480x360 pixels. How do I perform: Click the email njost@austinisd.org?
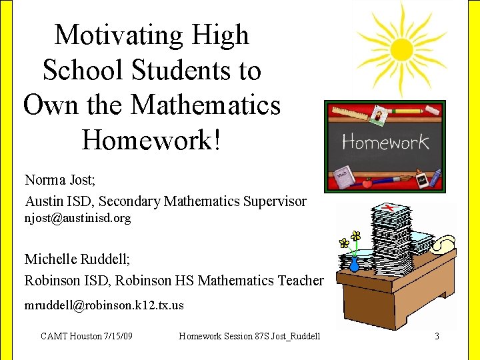(x=77, y=218)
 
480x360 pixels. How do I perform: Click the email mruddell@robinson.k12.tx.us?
(x=104, y=305)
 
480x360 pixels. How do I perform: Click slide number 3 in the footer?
(x=437, y=336)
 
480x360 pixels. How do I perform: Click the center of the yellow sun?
(x=401, y=48)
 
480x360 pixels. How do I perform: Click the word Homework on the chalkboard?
(x=385, y=142)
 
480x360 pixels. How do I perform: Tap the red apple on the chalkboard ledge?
(x=366, y=182)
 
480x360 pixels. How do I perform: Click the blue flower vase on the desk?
(x=354, y=263)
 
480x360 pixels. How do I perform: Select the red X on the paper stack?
(x=388, y=209)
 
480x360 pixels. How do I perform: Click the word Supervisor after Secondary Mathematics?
(x=277, y=201)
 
